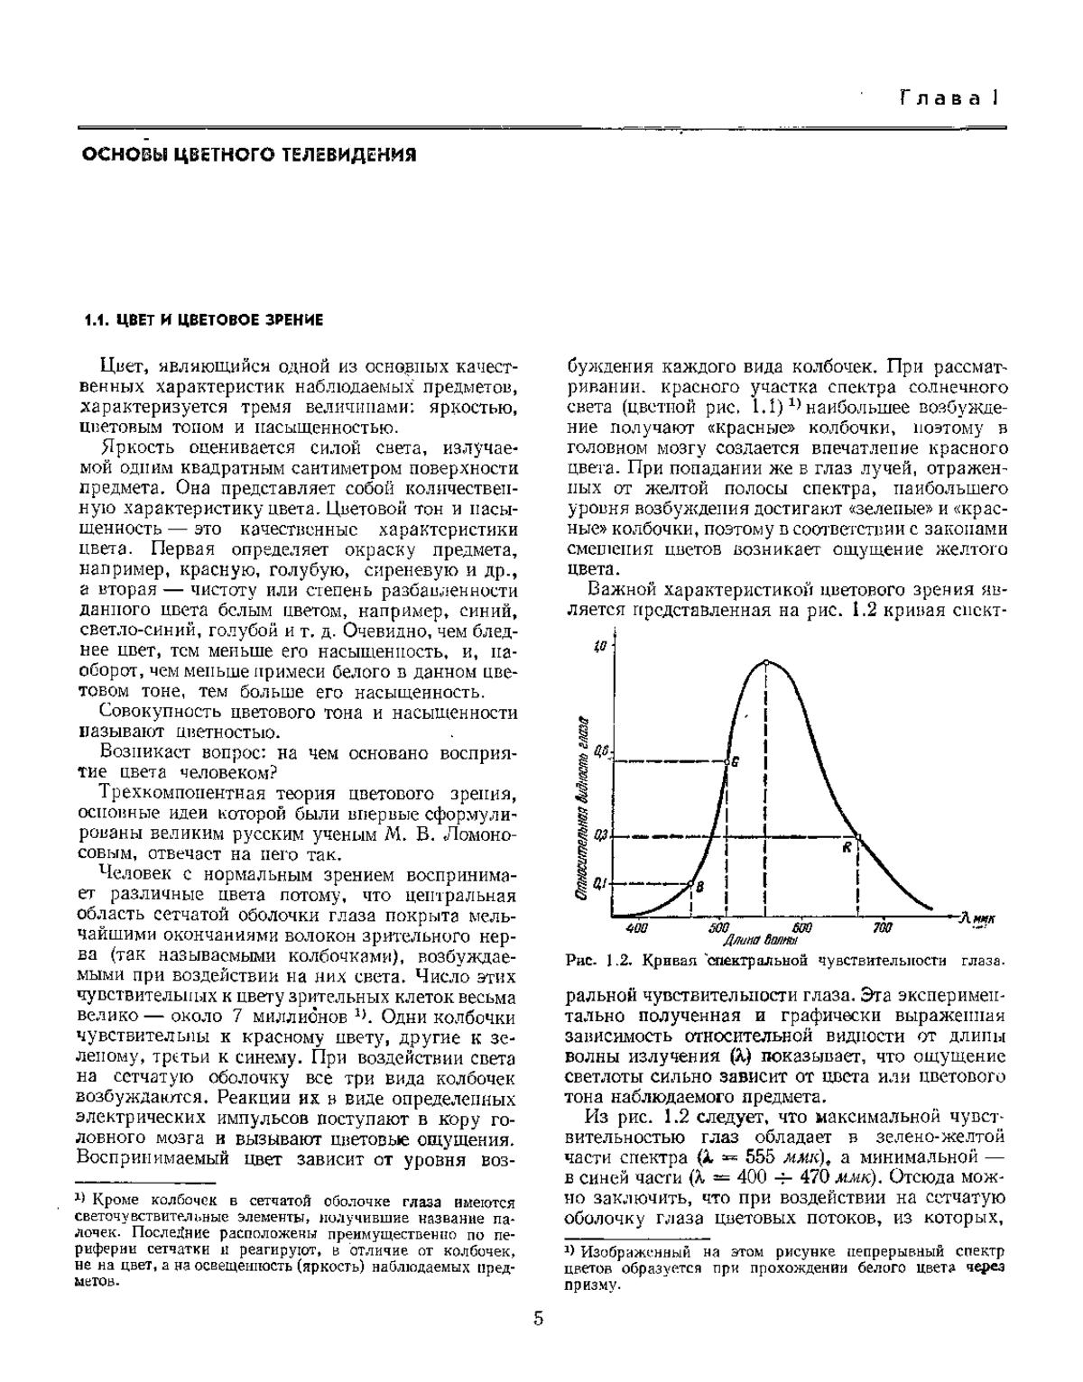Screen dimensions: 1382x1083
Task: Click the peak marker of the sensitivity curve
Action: click(766, 661)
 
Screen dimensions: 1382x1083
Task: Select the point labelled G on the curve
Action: click(727, 760)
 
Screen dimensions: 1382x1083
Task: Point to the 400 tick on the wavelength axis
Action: click(635, 927)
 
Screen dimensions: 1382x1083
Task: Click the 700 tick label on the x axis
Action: click(883, 927)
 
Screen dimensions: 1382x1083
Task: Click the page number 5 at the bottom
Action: click(539, 1319)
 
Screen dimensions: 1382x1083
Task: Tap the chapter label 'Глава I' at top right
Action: click(949, 98)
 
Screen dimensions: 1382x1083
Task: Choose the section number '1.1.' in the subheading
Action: click(96, 320)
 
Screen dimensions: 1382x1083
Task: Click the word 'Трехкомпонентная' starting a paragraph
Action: click(171, 793)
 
